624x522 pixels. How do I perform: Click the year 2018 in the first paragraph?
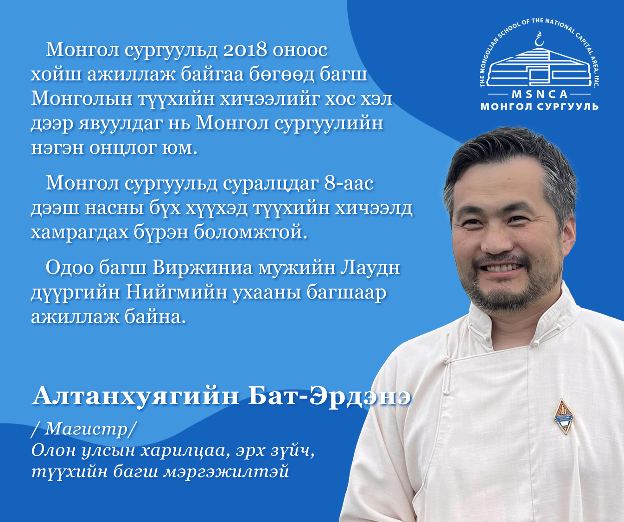[x=245, y=50]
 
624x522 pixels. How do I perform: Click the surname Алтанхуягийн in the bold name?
[x=136, y=396]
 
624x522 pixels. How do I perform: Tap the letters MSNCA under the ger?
[x=540, y=95]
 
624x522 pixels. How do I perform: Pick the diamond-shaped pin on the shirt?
[x=564, y=416]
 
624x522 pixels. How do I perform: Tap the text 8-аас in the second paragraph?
[x=349, y=184]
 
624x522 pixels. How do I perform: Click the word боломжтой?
[x=251, y=232]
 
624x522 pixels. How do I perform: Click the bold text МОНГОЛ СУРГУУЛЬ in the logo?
[x=540, y=107]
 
